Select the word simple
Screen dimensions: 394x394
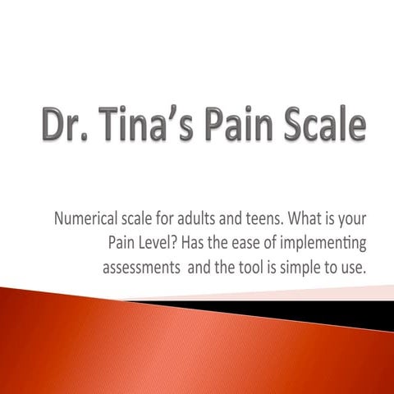(309, 268)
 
